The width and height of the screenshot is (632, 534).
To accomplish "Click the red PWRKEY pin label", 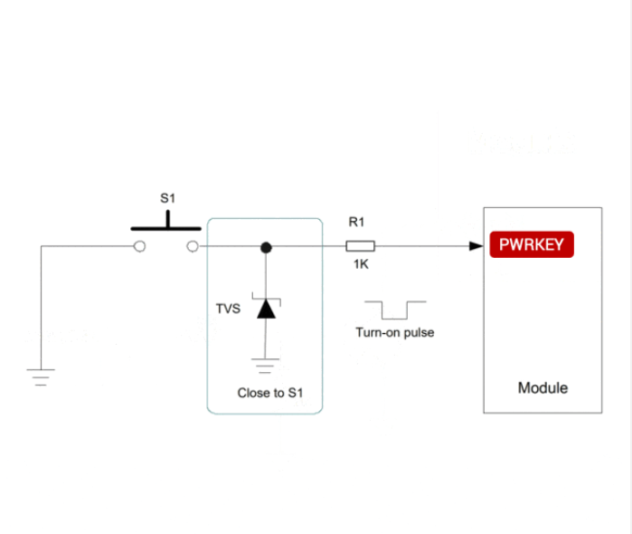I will [x=532, y=244].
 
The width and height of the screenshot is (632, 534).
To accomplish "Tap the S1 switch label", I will [x=167, y=198].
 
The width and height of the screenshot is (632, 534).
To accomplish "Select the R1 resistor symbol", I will [x=361, y=246].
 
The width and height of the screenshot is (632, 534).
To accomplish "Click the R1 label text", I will [x=356, y=222].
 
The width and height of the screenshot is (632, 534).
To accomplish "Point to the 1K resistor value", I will [x=361, y=264].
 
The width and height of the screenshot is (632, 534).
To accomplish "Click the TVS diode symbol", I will [x=265, y=308].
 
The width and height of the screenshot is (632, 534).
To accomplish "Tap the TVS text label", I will [x=228, y=309].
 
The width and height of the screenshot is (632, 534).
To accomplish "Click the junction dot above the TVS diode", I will [x=266, y=246].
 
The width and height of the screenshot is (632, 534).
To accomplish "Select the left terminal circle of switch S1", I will [x=139, y=246].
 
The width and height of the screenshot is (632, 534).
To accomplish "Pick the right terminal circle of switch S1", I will [x=192, y=246].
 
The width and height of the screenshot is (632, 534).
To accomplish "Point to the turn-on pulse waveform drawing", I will [x=394, y=310].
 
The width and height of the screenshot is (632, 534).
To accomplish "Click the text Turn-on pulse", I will [x=394, y=332].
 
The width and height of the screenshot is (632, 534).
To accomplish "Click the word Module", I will [x=542, y=387].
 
